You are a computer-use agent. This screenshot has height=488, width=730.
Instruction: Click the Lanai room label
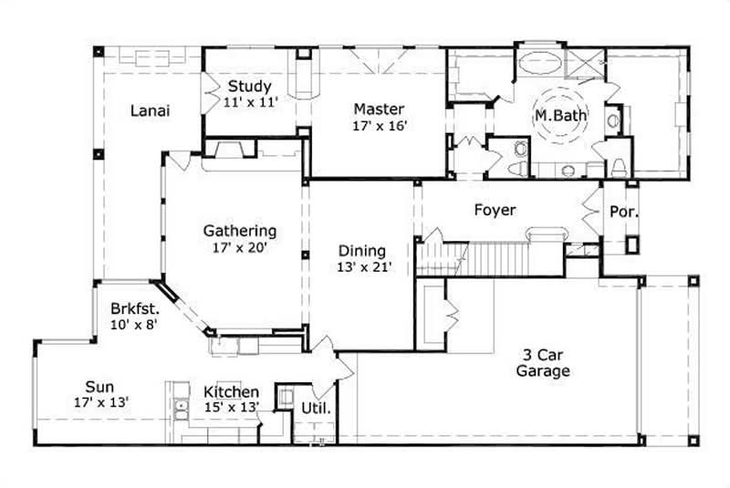[x=151, y=110]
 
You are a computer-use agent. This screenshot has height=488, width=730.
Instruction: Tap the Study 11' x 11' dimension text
[x=251, y=103]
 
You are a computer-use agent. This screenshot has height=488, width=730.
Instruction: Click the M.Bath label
[x=560, y=116]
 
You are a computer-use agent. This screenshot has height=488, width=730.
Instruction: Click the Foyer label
[x=495, y=210]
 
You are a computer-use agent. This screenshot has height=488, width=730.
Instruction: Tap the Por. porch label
[x=623, y=211]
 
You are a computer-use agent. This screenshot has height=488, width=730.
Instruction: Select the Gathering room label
[x=240, y=231]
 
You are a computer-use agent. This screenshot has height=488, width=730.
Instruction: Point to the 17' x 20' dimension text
[x=240, y=246]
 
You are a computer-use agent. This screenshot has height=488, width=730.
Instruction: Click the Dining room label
[x=362, y=251]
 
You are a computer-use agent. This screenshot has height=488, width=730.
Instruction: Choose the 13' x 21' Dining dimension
[x=362, y=267]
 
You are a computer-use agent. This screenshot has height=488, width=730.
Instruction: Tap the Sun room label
[x=100, y=386]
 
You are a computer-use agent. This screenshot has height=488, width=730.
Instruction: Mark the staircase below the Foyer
[x=474, y=260]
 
